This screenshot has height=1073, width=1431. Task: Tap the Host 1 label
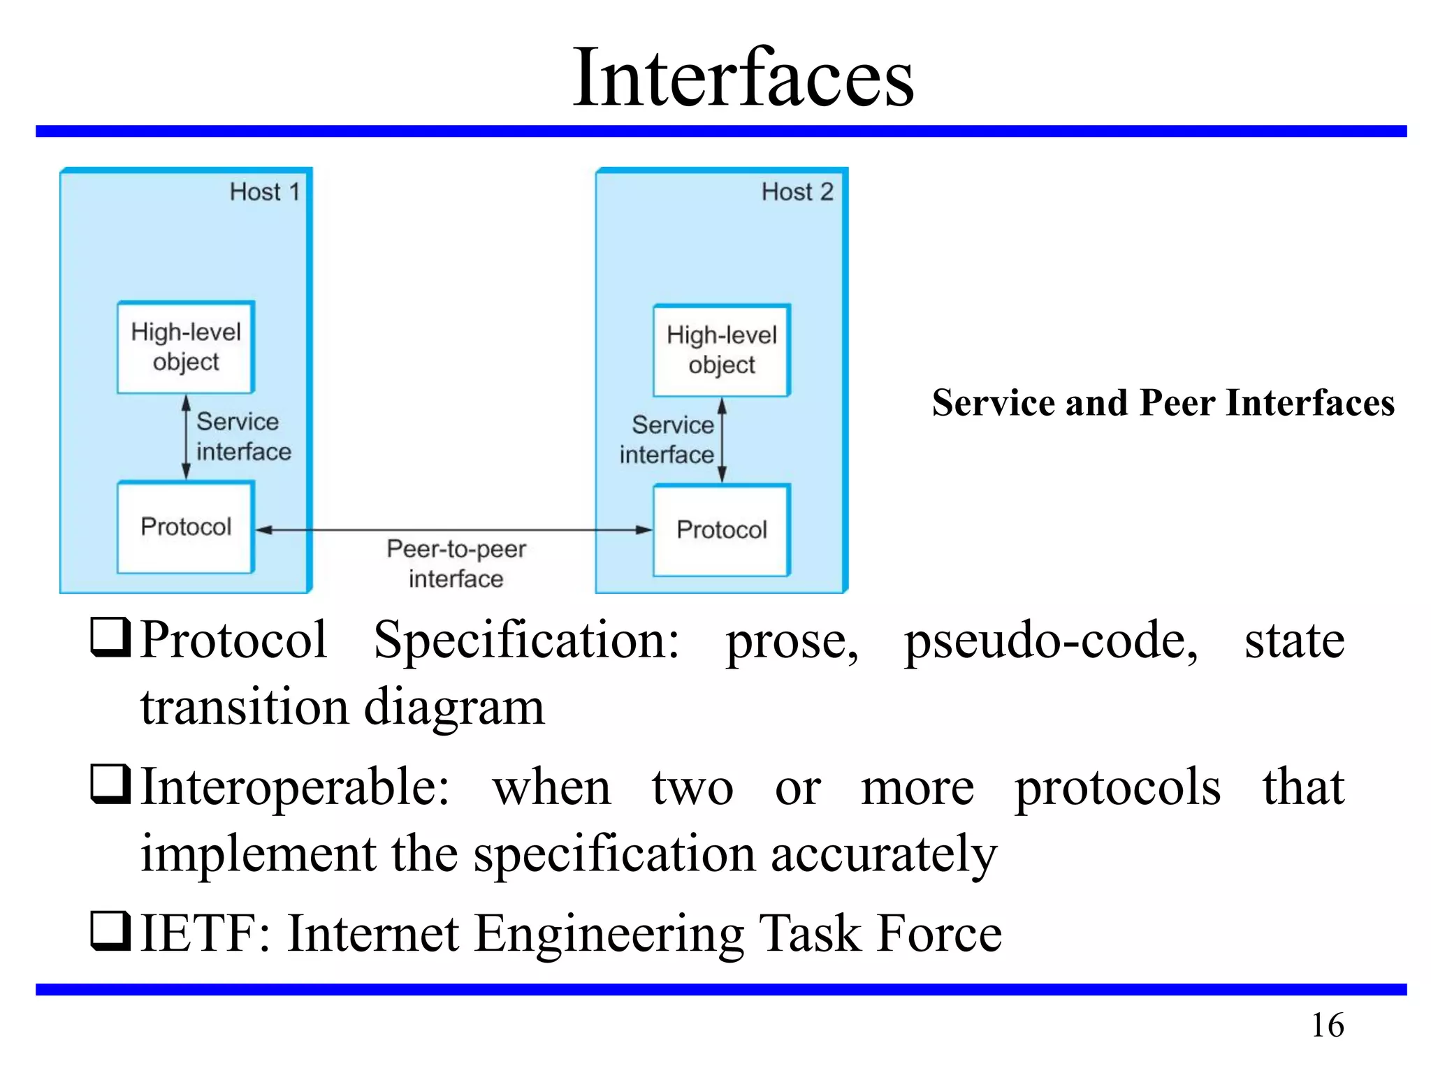click(265, 192)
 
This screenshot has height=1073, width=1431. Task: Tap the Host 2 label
click(797, 192)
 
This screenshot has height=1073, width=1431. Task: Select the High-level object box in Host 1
click(186, 347)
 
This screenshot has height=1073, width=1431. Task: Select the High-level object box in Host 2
click(722, 351)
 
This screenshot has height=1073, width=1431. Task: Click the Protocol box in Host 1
click(186, 527)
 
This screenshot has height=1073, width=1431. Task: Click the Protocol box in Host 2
click(722, 530)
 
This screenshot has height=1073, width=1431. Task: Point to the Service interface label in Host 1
click(242, 437)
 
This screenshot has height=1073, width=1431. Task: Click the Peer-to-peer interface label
click(456, 564)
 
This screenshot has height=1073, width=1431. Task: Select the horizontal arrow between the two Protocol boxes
click(454, 530)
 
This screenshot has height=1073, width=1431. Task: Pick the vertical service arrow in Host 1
click(186, 437)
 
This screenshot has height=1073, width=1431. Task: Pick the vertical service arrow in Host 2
click(722, 440)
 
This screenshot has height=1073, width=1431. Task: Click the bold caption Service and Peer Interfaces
click(1163, 403)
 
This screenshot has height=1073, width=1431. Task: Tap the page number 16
click(1328, 1025)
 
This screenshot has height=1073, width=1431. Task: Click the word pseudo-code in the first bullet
click(1051, 641)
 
